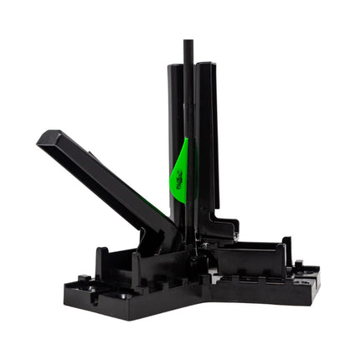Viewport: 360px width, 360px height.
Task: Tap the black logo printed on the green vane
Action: [177, 177]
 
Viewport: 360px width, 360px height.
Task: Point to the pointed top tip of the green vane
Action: [186, 140]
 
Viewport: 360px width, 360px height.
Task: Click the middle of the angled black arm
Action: [109, 179]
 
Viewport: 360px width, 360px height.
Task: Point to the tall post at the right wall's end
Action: [286, 249]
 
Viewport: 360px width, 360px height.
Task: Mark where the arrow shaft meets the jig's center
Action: [188, 239]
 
